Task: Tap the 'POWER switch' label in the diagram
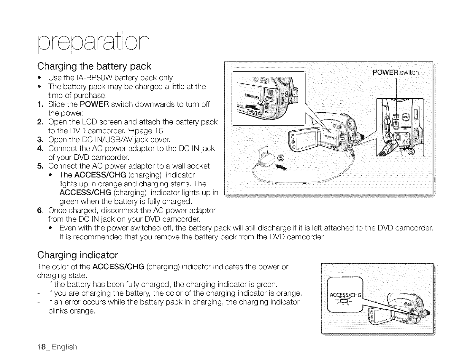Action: point(396,73)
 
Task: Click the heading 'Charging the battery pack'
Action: point(94,66)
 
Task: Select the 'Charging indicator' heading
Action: point(78,255)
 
